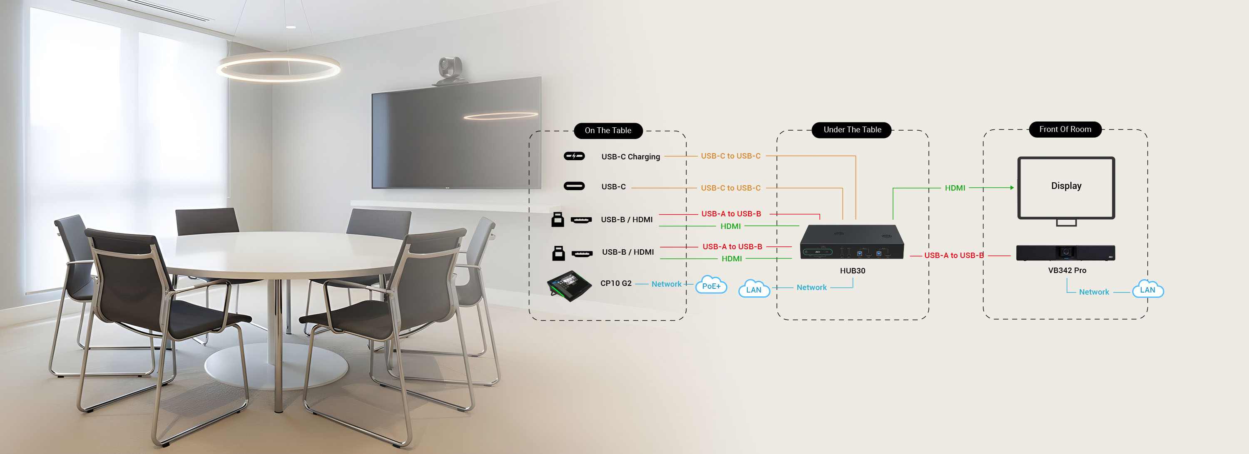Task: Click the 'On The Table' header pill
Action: pos(607,130)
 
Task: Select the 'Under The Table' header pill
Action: pos(852,130)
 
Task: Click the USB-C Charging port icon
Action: pos(574,156)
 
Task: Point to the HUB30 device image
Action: pos(851,242)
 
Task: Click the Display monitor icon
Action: pos(1066,189)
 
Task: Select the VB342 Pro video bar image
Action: pos(1065,253)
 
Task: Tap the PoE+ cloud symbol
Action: pos(711,285)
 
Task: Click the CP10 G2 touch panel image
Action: pos(569,285)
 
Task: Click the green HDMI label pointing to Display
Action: pos(955,188)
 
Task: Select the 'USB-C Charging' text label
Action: pos(630,156)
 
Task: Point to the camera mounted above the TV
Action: pos(450,70)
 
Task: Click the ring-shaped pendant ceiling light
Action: pos(278,68)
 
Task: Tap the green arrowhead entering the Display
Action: pos(1012,188)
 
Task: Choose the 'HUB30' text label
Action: pos(852,271)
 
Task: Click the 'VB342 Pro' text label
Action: pos(1067,270)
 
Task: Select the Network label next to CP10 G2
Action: pos(666,284)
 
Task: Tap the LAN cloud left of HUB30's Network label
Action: pos(754,289)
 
